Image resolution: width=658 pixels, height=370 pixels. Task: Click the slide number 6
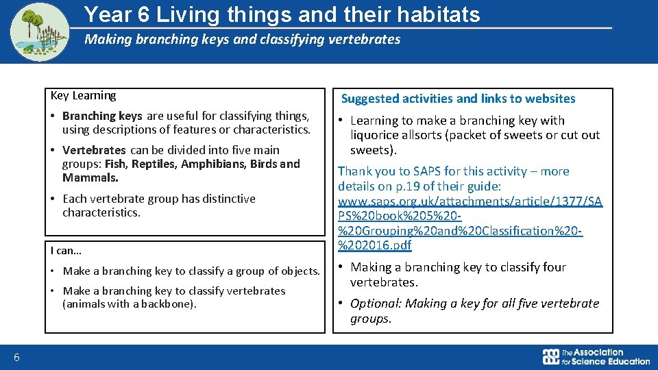point(17,356)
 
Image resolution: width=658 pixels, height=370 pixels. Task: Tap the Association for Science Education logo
point(596,356)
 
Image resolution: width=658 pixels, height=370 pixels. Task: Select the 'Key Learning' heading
point(83,96)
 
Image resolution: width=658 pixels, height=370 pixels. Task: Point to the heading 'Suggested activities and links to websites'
point(458,99)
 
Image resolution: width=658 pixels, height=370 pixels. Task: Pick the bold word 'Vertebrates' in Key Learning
point(94,150)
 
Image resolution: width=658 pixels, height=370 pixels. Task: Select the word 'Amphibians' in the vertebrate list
point(214,164)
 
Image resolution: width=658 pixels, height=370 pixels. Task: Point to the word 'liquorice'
point(374,135)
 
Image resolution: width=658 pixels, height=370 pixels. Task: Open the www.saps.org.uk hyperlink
point(470,201)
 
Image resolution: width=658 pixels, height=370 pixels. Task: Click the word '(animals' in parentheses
point(83,304)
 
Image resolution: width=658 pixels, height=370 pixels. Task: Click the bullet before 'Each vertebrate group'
point(53,199)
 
